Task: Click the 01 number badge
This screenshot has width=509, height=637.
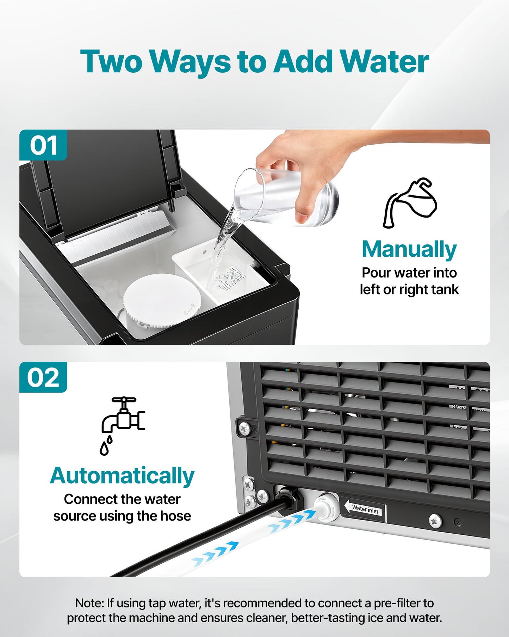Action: tap(43, 145)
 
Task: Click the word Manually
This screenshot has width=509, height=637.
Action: tap(409, 250)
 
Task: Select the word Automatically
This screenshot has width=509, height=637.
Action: tap(122, 476)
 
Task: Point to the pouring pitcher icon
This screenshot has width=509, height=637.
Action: tap(410, 203)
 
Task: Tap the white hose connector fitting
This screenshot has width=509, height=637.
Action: tap(326, 507)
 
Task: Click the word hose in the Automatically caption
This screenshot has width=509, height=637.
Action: tap(175, 516)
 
